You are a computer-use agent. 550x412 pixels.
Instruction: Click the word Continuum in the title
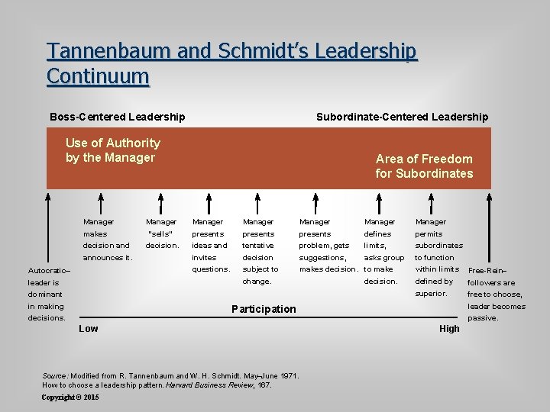[x=97, y=76]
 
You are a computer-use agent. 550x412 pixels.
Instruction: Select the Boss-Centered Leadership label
[x=117, y=117]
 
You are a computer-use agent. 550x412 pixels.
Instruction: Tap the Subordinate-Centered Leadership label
[x=402, y=117]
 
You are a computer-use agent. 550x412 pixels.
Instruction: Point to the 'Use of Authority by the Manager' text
[x=112, y=150]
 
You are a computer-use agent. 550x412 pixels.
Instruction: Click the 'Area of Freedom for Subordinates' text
[x=424, y=166]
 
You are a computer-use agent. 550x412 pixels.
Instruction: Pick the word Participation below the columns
[x=263, y=309]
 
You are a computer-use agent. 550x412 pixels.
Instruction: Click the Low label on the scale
[x=89, y=328]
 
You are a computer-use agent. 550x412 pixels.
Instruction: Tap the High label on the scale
[x=449, y=329]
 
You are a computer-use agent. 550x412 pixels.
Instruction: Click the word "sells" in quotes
[x=160, y=234]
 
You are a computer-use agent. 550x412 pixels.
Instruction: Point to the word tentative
[x=258, y=246]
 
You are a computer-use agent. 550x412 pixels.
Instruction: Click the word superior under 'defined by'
[x=430, y=293]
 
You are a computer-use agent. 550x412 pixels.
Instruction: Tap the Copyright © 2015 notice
[x=70, y=398]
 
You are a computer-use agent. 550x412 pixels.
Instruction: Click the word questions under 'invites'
[x=211, y=269]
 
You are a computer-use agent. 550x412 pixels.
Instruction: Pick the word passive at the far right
[x=482, y=318]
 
